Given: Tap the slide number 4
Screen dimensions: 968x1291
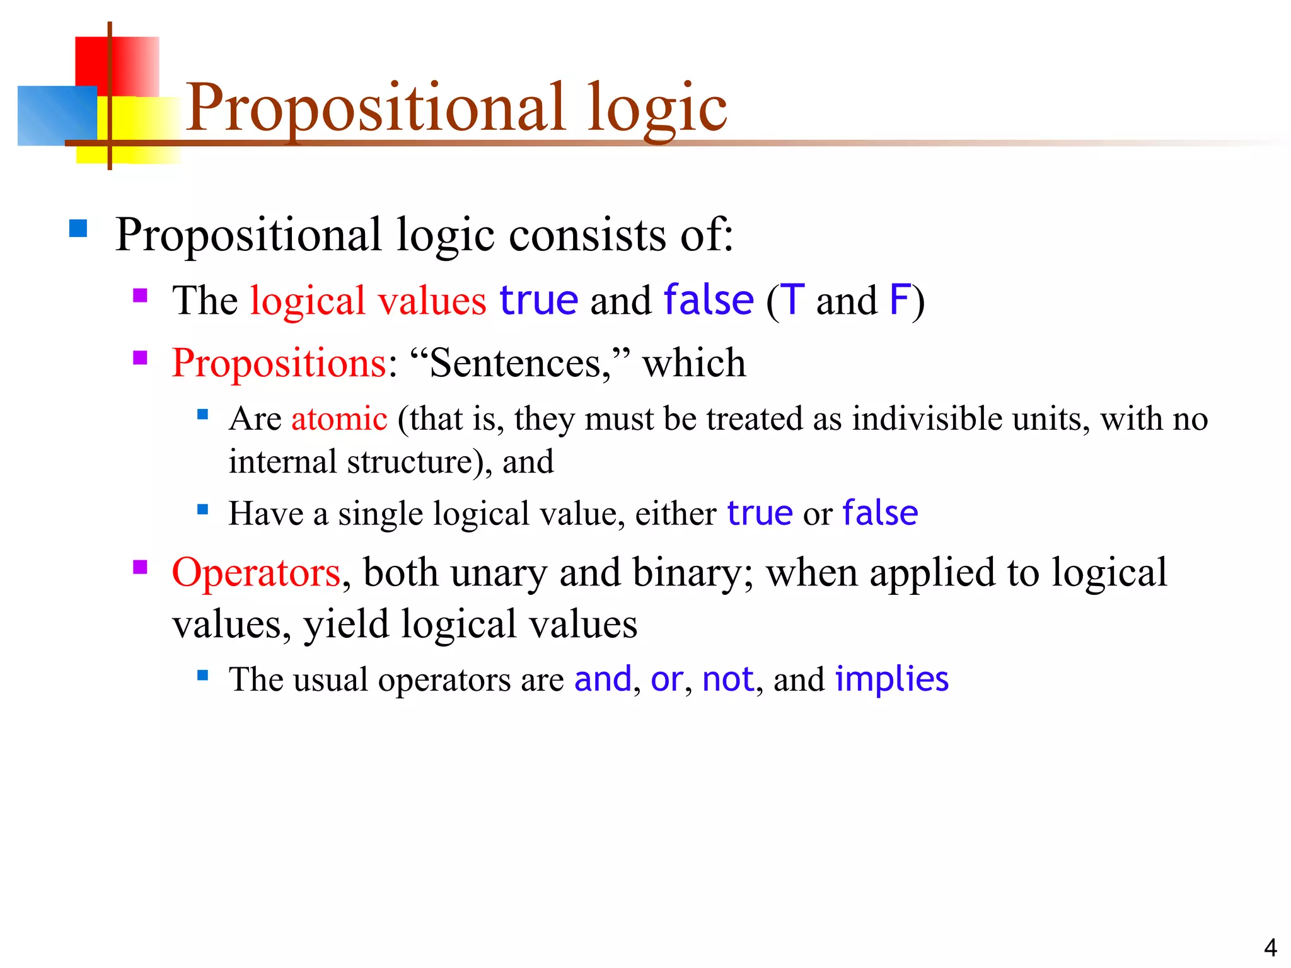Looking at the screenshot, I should click(x=1270, y=947).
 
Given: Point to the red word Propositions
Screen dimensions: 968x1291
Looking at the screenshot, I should click(x=279, y=364).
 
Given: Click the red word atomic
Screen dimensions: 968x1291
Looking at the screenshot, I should click(x=339, y=419).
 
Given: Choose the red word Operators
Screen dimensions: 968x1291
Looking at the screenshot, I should click(x=256, y=573).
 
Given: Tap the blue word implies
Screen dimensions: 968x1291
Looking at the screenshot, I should click(x=891, y=679).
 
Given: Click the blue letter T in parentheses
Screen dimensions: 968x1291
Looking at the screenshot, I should click(x=792, y=301).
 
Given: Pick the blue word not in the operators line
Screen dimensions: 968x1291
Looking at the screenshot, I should click(x=727, y=679).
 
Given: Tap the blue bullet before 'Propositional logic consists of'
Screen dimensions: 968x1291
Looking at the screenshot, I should click(x=78, y=228).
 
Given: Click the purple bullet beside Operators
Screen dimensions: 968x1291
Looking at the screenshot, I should click(x=140, y=568).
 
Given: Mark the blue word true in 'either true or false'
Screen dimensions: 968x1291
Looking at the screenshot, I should click(x=760, y=513).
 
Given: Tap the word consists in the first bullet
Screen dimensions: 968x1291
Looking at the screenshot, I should click(x=587, y=235).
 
